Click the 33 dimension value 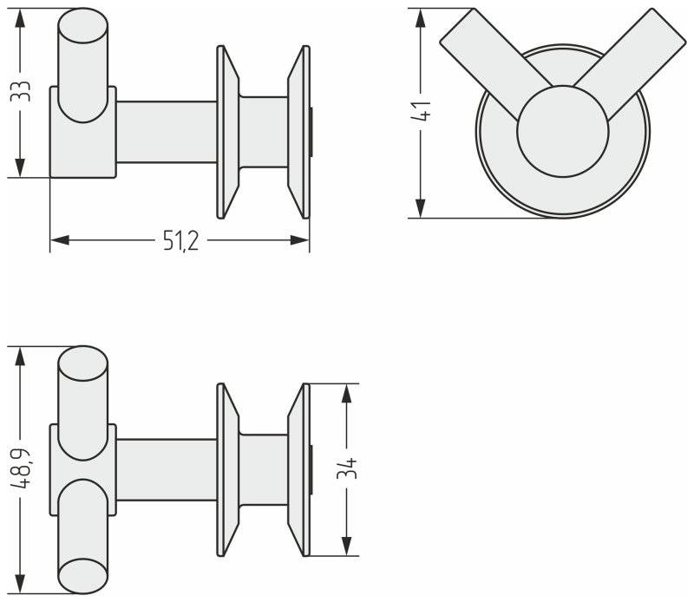click(19, 91)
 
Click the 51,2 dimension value click(180, 241)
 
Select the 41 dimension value click(420, 111)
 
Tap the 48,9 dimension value click(20, 468)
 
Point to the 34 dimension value click(346, 468)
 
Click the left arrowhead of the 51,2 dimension click(60, 240)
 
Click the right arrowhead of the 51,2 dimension click(299, 240)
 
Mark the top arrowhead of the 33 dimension click(19, 17)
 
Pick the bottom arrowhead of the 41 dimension click(420, 208)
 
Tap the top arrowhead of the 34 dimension click(346, 393)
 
